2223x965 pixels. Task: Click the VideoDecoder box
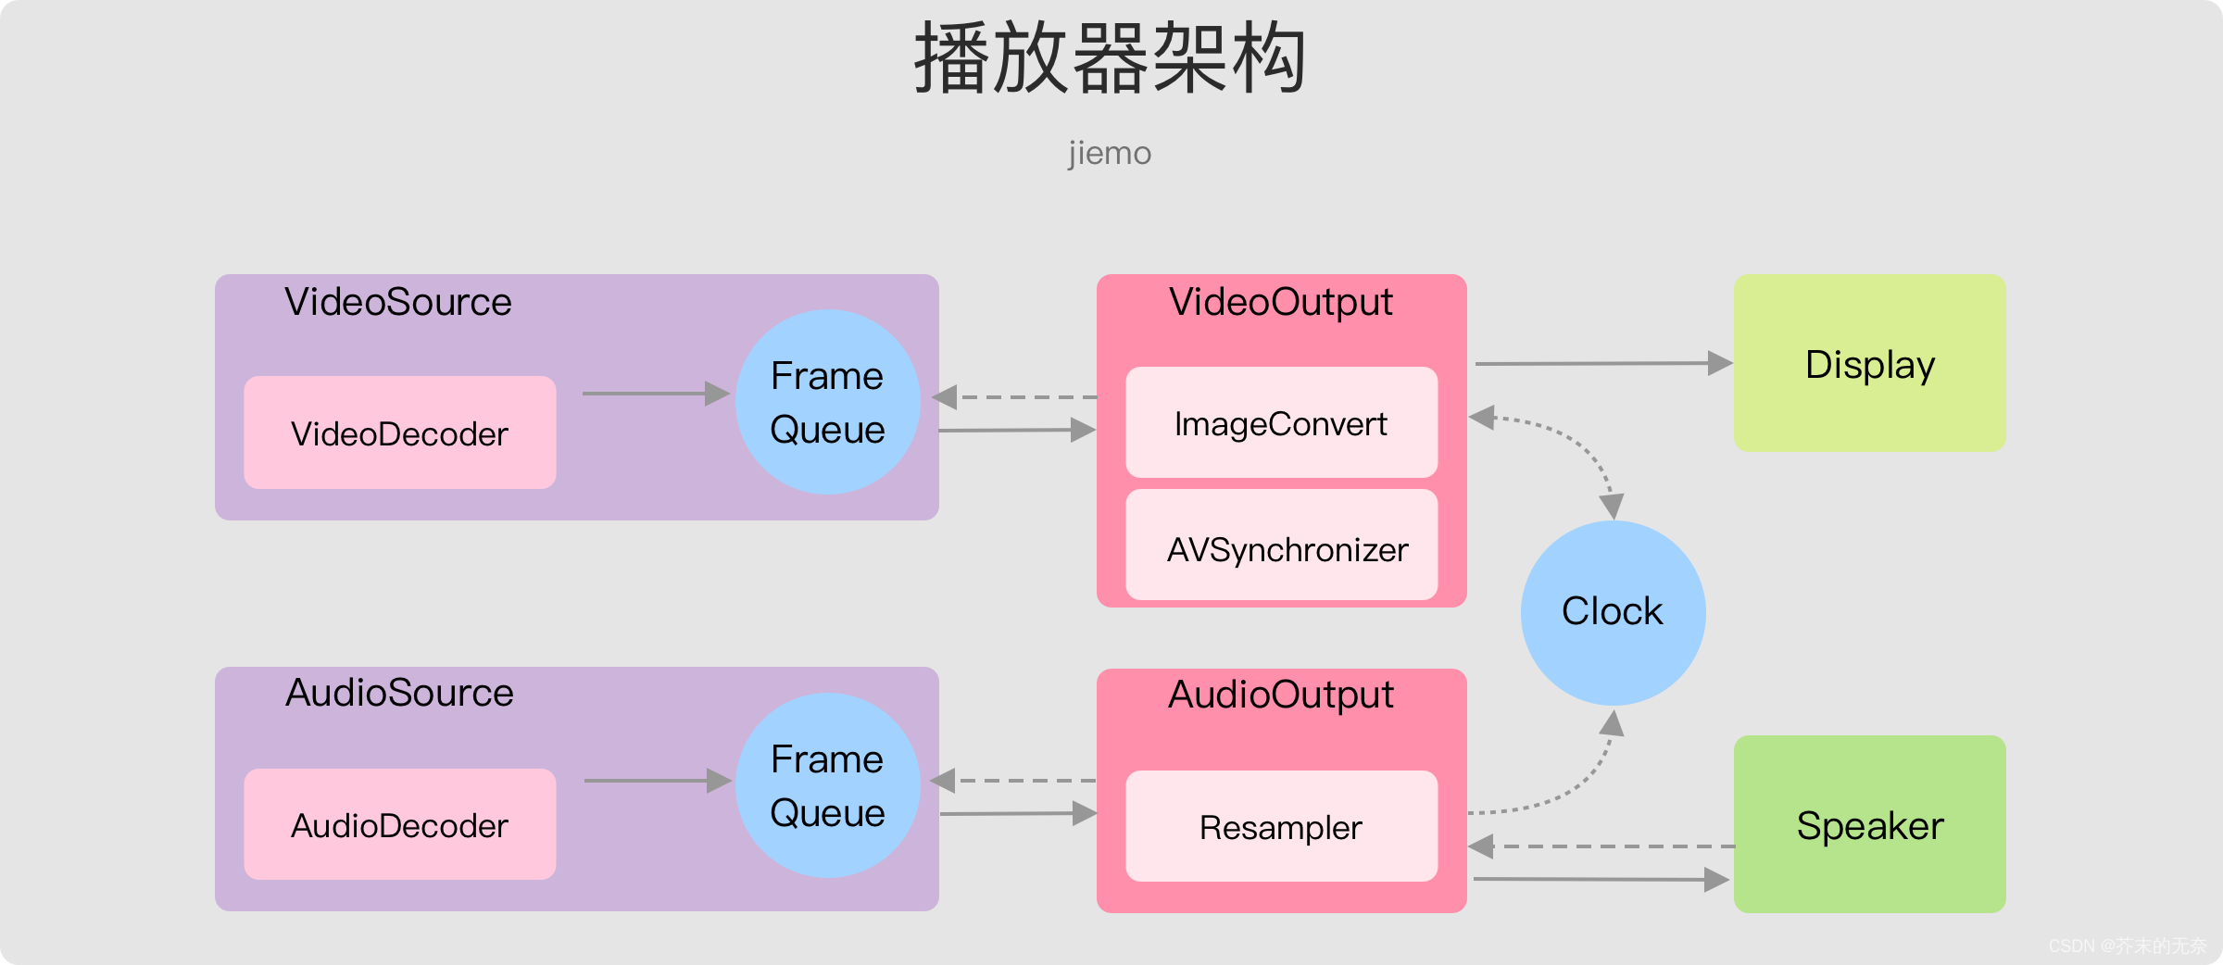tap(400, 432)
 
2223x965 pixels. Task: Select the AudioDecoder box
tap(400, 824)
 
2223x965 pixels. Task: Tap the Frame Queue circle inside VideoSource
tap(828, 402)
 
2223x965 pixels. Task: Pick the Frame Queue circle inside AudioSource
tap(828, 785)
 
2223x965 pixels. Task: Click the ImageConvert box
tap(1282, 422)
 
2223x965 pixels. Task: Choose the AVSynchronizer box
tap(1282, 545)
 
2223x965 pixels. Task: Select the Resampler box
tap(1282, 826)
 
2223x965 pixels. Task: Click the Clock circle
tap(1614, 613)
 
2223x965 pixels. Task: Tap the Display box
tap(1870, 363)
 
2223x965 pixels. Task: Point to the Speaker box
tap(1870, 824)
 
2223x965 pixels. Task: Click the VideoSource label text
tap(398, 302)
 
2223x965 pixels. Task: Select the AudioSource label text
tap(399, 693)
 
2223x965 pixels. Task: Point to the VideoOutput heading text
tap(1281, 302)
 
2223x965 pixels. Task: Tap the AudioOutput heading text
tap(1281, 695)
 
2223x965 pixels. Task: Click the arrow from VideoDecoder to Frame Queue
tap(657, 394)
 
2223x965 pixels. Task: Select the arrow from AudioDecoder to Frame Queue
tap(659, 781)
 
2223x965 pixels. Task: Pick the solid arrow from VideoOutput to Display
tap(1604, 363)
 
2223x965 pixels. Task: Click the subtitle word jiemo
tap(1110, 153)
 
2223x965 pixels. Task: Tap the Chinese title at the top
tap(1111, 57)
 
